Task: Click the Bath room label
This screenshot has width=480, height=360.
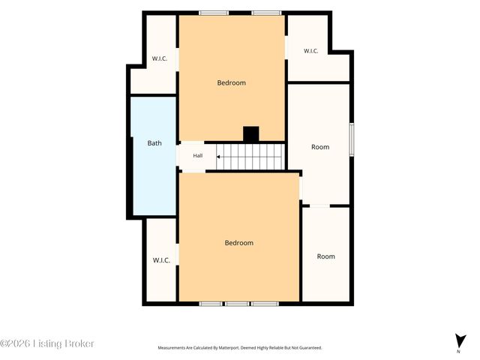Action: click(x=154, y=143)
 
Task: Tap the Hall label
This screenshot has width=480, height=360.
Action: click(x=198, y=155)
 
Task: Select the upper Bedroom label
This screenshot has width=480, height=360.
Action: click(x=232, y=82)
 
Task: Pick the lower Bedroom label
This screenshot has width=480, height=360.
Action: click(x=239, y=243)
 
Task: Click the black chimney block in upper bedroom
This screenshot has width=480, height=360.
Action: click(x=251, y=133)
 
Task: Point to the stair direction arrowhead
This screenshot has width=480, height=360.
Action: click(x=218, y=157)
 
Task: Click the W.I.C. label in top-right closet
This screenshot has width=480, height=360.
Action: click(x=310, y=51)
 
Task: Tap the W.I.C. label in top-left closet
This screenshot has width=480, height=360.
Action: click(x=160, y=58)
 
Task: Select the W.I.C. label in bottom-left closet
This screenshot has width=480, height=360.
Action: click(x=161, y=260)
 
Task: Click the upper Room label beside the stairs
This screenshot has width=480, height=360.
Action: click(x=320, y=147)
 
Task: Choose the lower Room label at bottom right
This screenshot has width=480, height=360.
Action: click(x=326, y=256)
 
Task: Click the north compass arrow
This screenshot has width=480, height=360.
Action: click(x=460, y=341)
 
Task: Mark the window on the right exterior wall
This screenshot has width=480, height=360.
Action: click(x=352, y=139)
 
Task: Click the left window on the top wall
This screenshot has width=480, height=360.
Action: click(x=214, y=13)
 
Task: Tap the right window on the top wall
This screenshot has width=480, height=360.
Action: click(x=267, y=13)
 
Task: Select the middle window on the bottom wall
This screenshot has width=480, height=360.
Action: click(x=238, y=304)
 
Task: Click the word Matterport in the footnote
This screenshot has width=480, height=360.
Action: click(x=230, y=348)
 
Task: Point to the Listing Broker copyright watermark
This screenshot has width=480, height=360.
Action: click(x=46, y=343)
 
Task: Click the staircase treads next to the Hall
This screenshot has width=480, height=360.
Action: click(x=250, y=157)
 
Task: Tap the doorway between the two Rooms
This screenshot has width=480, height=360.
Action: click(x=319, y=205)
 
